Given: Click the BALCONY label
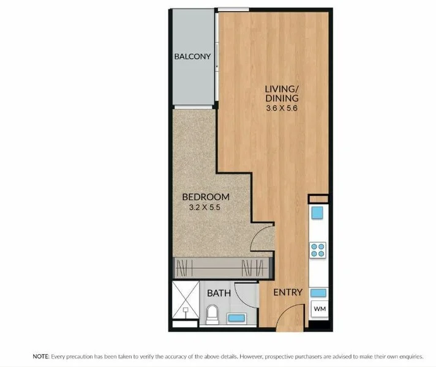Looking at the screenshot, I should [x=192, y=57].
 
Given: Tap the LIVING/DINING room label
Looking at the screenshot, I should [x=282, y=93].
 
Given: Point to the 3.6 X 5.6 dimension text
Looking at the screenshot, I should [x=282, y=108].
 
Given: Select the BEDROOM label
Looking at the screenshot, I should [x=206, y=197].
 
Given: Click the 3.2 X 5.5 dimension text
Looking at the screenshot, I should [x=206, y=208].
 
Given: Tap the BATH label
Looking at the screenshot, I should [x=219, y=293].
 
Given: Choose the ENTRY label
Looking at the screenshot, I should [x=287, y=292].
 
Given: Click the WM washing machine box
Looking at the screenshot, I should [x=319, y=310].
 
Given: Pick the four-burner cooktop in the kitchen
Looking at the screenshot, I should [x=318, y=250].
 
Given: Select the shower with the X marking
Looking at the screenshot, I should [x=186, y=300].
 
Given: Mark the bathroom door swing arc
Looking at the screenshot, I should [x=247, y=295].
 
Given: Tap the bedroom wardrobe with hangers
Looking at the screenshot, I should [x=222, y=267].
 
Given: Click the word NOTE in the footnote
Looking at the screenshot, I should [x=40, y=355].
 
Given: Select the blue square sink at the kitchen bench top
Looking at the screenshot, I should [x=317, y=213].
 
